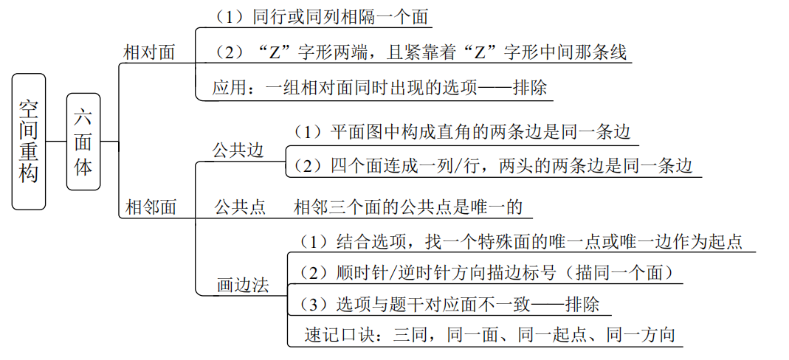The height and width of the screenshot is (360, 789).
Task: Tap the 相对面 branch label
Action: (149, 52)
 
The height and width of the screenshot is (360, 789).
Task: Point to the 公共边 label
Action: (238, 150)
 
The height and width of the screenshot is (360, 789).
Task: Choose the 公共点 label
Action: (240, 207)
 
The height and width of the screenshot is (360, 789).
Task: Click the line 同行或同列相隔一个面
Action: (321, 17)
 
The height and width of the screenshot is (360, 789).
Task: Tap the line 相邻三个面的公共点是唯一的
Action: (408, 207)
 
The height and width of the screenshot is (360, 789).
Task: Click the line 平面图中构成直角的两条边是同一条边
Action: (462, 132)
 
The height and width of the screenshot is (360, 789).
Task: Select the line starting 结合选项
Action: (521, 241)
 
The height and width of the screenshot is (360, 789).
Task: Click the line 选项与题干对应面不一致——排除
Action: (449, 304)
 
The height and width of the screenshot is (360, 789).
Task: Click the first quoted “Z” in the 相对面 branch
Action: (273, 52)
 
